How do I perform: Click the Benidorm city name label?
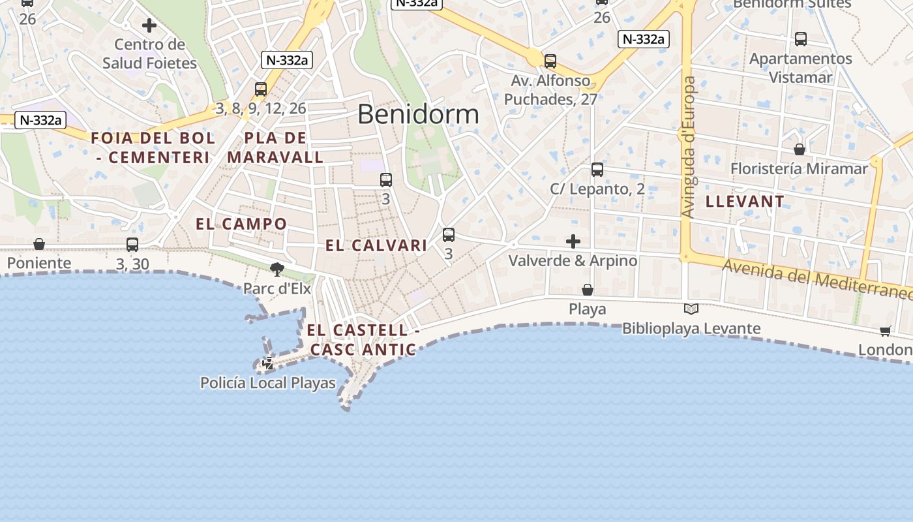click(x=418, y=114)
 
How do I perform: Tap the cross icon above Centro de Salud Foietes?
click(x=149, y=26)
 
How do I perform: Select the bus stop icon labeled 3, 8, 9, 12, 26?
click(x=261, y=89)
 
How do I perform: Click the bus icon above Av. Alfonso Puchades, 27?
click(x=550, y=61)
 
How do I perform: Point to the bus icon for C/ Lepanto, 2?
click(x=597, y=170)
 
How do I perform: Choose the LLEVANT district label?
click(x=745, y=202)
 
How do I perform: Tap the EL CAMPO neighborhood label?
click(x=241, y=224)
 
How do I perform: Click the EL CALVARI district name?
click(x=376, y=246)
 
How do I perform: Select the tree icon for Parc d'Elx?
click(x=277, y=269)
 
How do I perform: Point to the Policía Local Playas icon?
click(x=268, y=363)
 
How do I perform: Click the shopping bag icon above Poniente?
click(x=39, y=244)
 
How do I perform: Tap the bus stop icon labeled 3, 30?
click(x=132, y=245)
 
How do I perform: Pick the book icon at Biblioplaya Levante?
click(x=691, y=309)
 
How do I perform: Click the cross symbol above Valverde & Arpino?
click(x=573, y=242)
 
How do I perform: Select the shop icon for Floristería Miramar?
click(x=800, y=149)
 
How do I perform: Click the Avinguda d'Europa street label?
click(x=688, y=147)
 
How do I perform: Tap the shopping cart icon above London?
click(x=886, y=331)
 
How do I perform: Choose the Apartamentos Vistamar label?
click(x=800, y=68)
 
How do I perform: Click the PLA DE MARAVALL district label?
click(x=275, y=147)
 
